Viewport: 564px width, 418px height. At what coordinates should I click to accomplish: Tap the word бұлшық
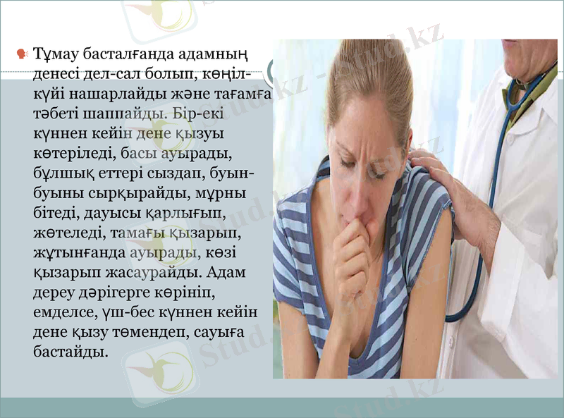(61, 173)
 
